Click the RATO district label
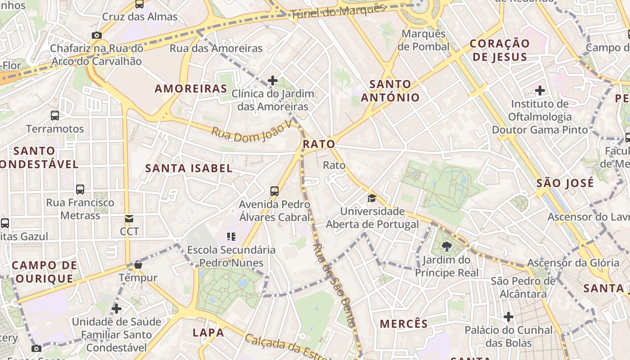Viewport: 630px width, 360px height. (319, 144)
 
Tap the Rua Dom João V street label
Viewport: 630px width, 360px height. (252, 130)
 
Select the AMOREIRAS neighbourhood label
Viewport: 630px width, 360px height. (191, 88)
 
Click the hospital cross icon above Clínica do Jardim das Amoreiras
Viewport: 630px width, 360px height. (272, 81)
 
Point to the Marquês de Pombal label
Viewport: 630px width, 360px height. (423, 40)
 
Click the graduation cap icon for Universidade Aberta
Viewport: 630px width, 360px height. (372, 198)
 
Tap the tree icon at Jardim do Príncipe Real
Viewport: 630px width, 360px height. (446, 246)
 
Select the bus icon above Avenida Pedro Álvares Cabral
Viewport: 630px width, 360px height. (274, 191)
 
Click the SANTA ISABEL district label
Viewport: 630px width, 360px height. (189, 168)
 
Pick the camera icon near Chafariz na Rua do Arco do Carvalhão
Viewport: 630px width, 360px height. (96, 35)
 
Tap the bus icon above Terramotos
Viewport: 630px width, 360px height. (55, 116)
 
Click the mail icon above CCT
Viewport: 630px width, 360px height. (129, 219)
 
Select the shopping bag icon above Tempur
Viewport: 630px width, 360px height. (138, 265)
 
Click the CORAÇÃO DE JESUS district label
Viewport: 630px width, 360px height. (499, 50)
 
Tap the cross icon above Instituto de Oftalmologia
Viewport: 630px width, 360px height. (540, 91)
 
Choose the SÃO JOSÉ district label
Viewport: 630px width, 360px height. (565, 183)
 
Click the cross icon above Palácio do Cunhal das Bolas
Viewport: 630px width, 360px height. (508, 317)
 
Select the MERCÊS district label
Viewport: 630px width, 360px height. (404, 324)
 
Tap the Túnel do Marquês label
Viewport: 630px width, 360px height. (338, 12)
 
